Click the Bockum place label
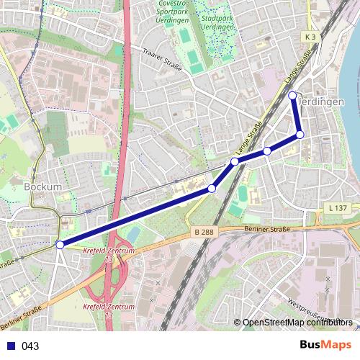42,186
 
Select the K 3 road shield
310,36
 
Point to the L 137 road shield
337,207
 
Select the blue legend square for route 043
9,346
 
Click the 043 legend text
30,346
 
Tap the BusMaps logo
326,345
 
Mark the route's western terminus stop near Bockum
60,245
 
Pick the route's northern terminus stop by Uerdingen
292,96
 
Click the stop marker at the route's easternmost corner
300,135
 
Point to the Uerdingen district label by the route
322,102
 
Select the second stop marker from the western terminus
212,189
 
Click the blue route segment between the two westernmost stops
137,216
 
